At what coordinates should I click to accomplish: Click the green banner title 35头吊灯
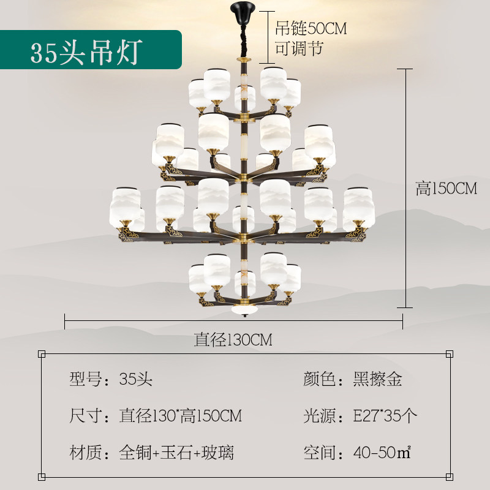click(x=86, y=53)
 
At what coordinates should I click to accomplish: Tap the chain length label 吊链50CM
click(x=311, y=28)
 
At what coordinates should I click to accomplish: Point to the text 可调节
click(x=299, y=49)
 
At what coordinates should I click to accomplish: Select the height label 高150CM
click(x=447, y=189)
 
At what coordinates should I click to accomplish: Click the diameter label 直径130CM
click(x=233, y=340)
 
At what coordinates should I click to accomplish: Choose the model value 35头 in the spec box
click(x=135, y=379)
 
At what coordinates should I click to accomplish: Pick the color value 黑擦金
click(x=377, y=379)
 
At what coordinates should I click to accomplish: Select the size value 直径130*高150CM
click(x=181, y=416)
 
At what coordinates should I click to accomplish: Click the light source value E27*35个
click(x=385, y=416)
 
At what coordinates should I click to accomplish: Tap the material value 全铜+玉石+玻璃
click(x=176, y=453)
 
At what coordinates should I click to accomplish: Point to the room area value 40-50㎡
click(x=382, y=453)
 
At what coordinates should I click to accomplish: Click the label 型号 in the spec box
click(x=86, y=379)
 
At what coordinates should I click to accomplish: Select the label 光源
click(x=320, y=416)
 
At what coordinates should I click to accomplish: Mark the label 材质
click(x=86, y=453)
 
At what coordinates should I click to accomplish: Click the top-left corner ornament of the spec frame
click(x=42, y=354)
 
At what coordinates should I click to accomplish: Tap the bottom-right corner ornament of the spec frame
click(x=450, y=477)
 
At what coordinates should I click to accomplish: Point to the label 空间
click(x=320, y=453)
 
